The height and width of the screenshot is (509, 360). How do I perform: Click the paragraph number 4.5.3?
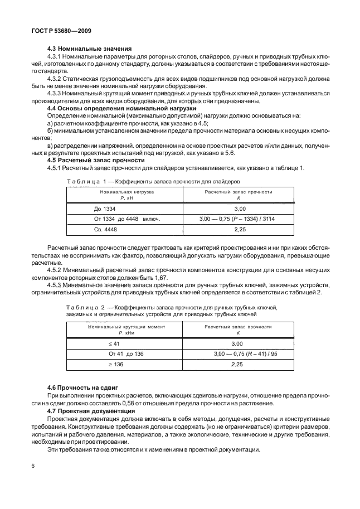(x=55, y=284)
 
